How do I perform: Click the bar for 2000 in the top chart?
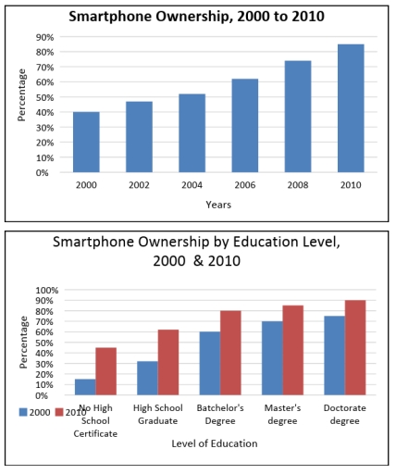(x=86, y=142)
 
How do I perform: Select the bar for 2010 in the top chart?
(x=351, y=108)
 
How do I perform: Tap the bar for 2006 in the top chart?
(x=245, y=125)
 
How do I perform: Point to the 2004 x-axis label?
(x=192, y=185)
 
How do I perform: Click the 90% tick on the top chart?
(x=44, y=37)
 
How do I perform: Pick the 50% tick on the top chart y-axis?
(x=44, y=97)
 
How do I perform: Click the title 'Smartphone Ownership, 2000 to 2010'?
(x=198, y=16)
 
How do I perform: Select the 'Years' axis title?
(x=218, y=204)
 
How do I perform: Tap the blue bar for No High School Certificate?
(x=85, y=387)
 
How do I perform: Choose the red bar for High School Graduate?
(x=167, y=362)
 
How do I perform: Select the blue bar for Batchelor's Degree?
(x=210, y=363)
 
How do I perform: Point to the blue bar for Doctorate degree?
(x=335, y=355)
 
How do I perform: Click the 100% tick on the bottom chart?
(x=43, y=290)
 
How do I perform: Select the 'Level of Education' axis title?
(x=215, y=444)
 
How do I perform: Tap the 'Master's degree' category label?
(x=282, y=414)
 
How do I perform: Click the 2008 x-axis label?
(x=298, y=185)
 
